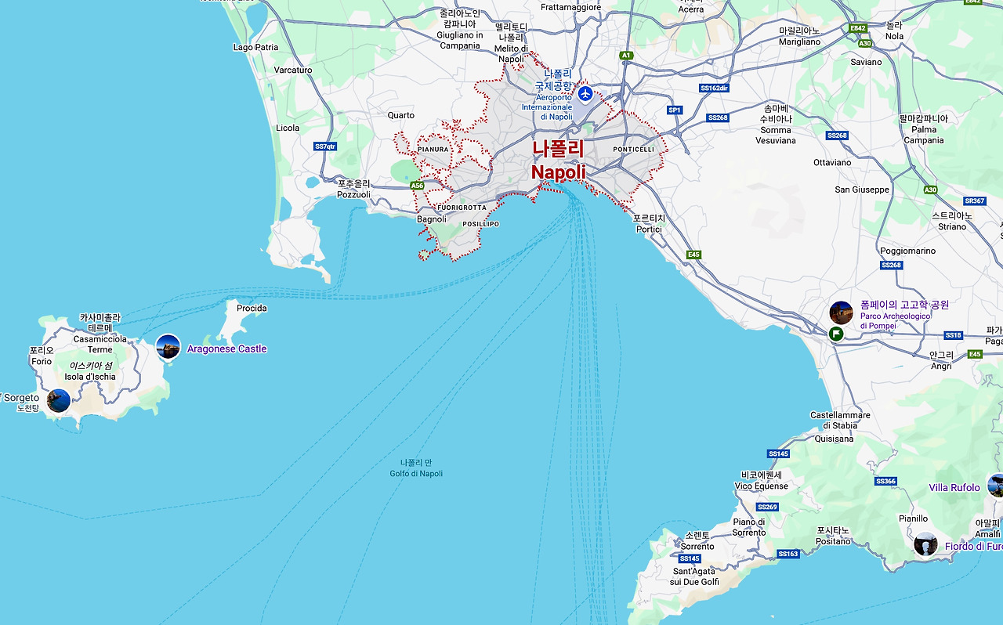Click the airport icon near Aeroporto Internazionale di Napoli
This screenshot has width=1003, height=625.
[585, 94]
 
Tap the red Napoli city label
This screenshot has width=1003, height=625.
[558, 172]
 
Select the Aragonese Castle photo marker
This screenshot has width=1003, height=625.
[168, 347]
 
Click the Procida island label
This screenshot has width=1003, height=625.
[252, 308]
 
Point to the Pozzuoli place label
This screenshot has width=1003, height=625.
[353, 194]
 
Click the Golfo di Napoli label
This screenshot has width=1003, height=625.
[416, 473]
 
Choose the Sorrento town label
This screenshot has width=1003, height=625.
[697, 546]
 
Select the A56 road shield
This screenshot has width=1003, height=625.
[417, 186]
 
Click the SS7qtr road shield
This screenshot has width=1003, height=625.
[324, 146]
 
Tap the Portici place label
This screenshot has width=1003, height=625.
[649, 229]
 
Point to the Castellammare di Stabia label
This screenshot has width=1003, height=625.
[840, 420]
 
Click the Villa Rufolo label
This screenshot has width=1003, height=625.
[954, 487]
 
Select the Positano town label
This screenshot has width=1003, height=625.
[832, 540]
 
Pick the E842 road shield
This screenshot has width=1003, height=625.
[858, 27]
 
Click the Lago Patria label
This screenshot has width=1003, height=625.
[255, 47]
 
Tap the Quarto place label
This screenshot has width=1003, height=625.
[401, 115]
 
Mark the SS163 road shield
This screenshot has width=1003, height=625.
[788, 554]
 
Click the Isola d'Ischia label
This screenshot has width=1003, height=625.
[90, 376]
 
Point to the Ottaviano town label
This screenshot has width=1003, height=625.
[832, 163]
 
